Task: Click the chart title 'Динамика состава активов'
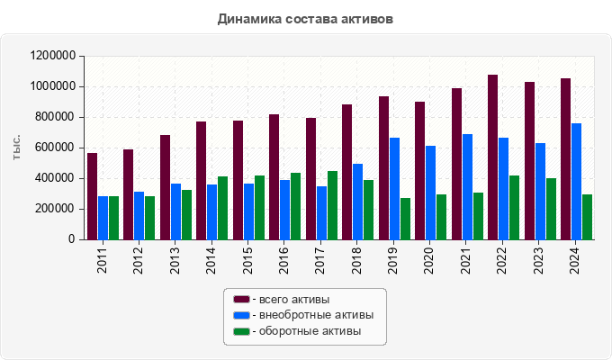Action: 305,18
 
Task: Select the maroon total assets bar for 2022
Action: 492,157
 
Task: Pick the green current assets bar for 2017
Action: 332,205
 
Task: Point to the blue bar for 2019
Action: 394,189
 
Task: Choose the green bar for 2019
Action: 405,219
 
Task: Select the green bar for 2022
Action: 514,208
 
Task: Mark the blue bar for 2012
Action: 139,216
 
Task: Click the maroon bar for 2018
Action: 346,172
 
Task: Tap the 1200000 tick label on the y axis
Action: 52,56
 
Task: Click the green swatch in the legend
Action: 241,331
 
